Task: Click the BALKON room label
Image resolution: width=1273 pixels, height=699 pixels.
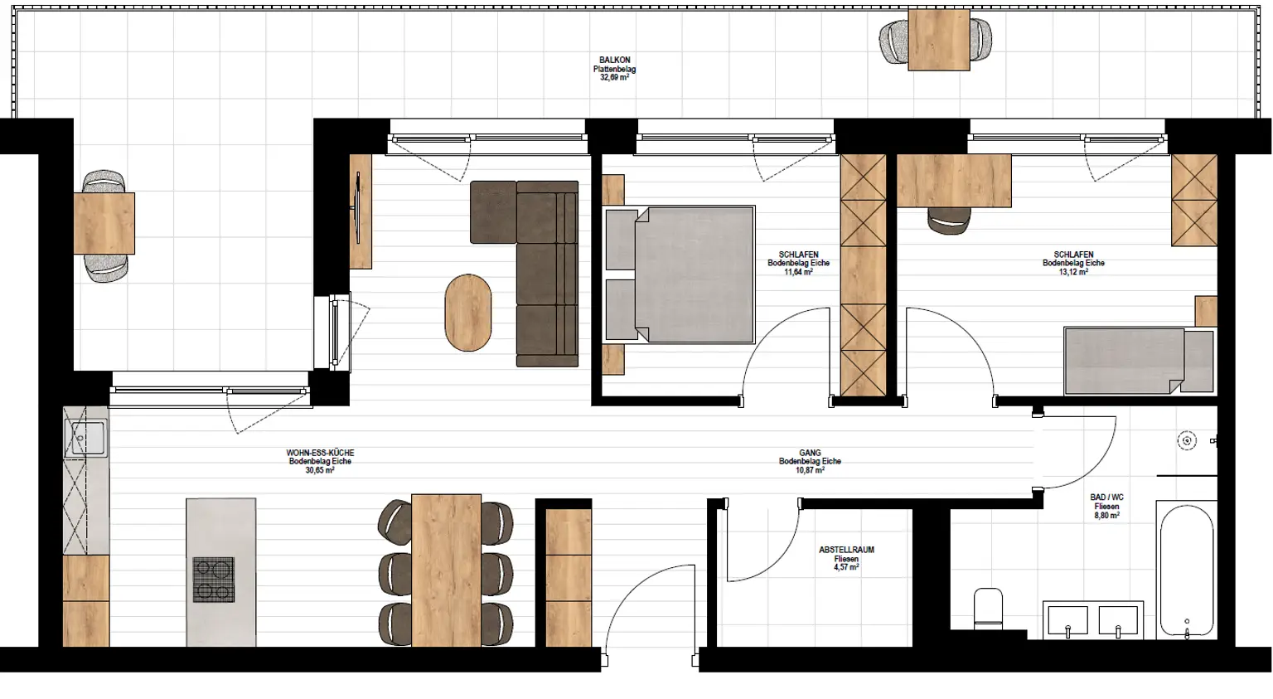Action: [x=614, y=61]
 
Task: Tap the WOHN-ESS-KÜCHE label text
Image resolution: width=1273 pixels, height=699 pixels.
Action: [x=320, y=454]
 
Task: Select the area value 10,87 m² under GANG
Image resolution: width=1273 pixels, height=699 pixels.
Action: [x=810, y=470]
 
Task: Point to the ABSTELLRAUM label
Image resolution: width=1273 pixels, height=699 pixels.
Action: [x=846, y=550]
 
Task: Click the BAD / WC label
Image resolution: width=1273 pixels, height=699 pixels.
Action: [x=1106, y=498]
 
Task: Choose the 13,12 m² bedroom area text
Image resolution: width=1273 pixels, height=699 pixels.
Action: [x=1073, y=272]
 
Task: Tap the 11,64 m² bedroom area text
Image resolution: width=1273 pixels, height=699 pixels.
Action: [x=798, y=272]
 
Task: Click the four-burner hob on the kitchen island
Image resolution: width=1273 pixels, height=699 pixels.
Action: [x=214, y=580]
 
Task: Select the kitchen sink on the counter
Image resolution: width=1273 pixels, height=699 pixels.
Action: [x=86, y=438]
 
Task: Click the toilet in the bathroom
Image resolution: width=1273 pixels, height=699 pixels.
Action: [x=988, y=608]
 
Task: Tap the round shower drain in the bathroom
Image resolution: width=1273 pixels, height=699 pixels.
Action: [x=1187, y=441]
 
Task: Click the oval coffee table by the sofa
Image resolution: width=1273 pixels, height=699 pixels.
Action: [x=468, y=313]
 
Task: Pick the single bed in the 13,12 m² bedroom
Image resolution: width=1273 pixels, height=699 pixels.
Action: [x=1137, y=361]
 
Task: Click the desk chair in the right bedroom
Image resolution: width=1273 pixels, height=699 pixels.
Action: [x=949, y=220]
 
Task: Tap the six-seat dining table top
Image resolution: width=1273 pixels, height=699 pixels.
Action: [x=446, y=570]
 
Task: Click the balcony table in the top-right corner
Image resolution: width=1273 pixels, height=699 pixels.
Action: [x=938, y=40]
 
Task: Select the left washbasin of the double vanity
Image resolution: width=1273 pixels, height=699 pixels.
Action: [x=1067, y=621]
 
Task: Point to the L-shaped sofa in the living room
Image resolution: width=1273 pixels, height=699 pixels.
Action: [x=539, y=265]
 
